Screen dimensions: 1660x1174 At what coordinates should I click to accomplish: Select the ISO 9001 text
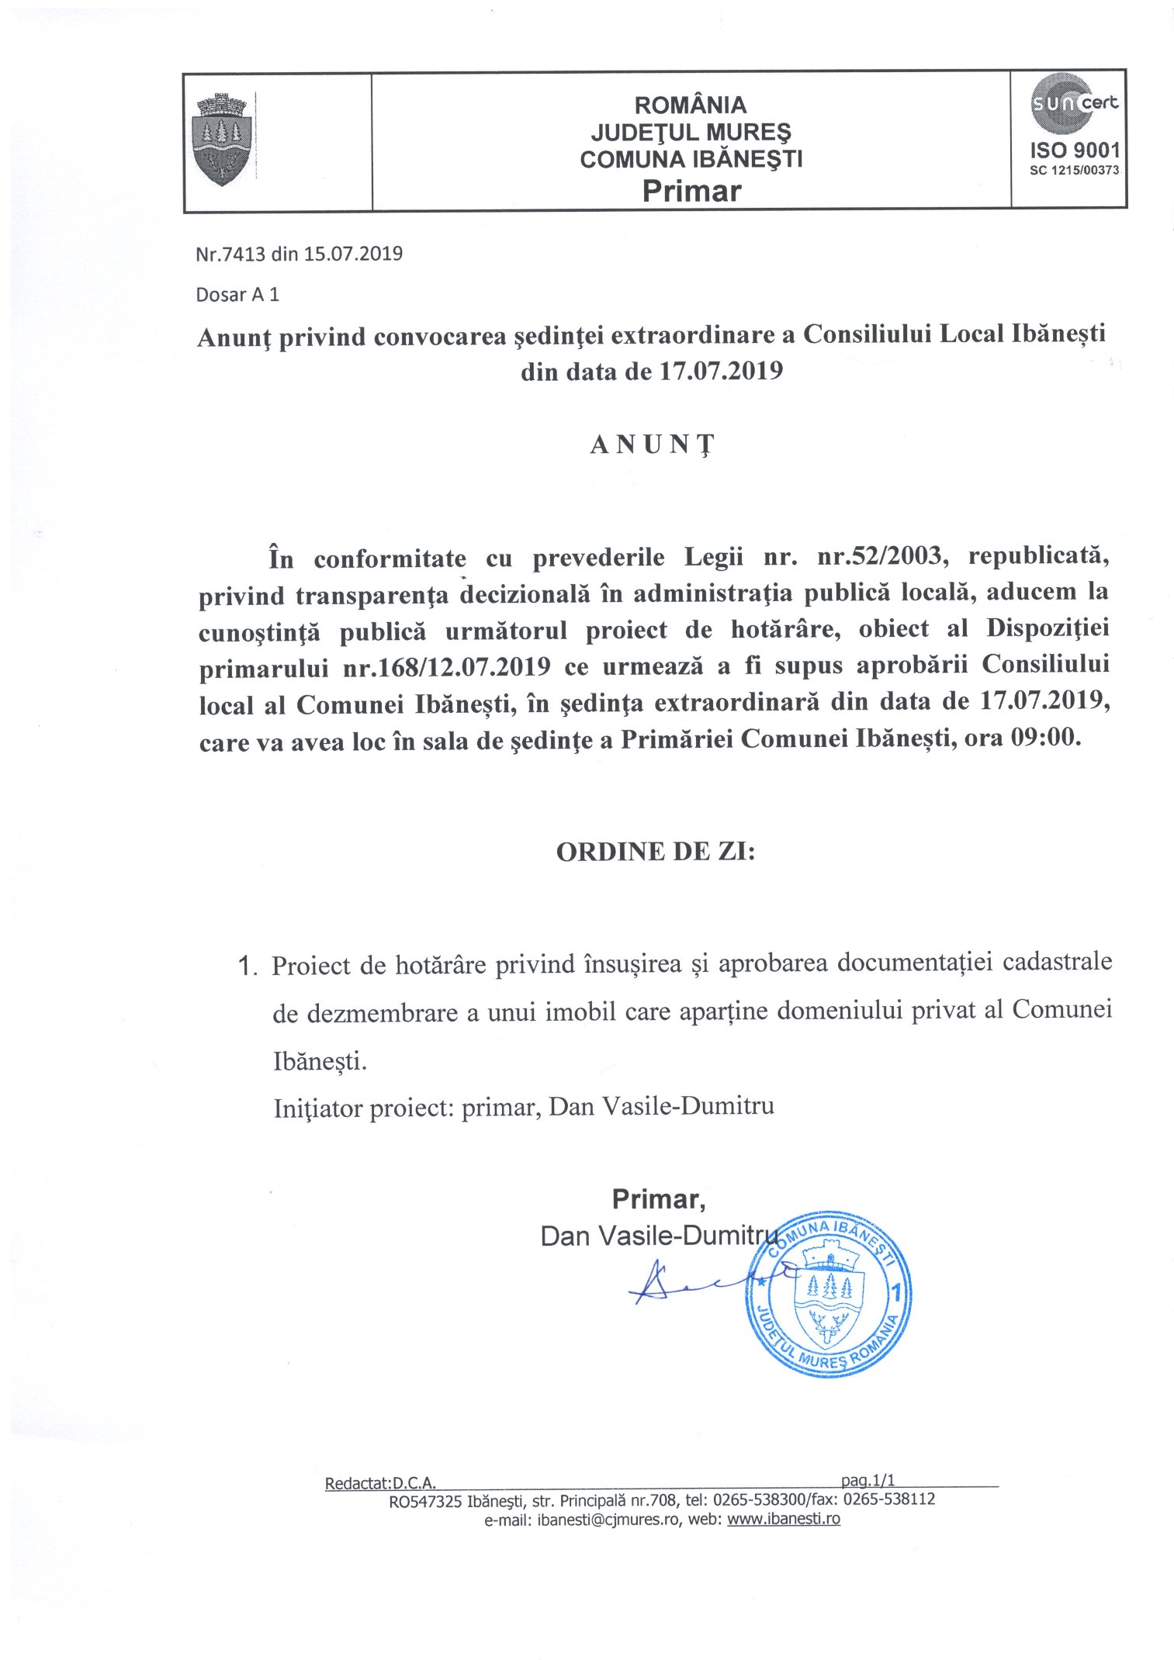pyautogui.click(x=1074, y=150)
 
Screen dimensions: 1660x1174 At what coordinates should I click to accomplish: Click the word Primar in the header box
pyautogui.click(x=691, y=190)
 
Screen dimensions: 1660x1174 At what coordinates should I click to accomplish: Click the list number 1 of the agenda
pyautogui.click(x=246, y=967)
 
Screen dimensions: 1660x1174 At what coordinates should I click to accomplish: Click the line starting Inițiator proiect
pyautogui.click(x=524, y=1107)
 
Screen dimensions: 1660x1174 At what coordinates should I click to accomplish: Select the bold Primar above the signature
pyautogui.click(x=659, y=1200)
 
